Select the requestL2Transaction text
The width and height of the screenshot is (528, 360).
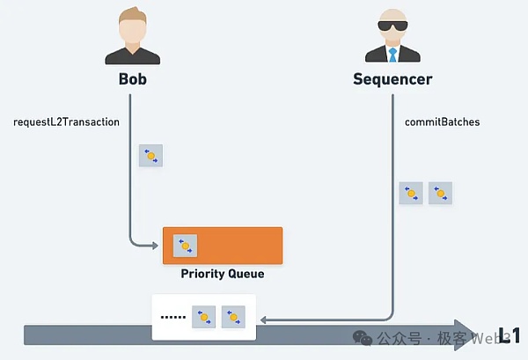[66, 121]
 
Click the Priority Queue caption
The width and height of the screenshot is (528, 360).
[223, 274]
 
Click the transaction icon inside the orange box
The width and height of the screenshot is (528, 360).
[185, 245]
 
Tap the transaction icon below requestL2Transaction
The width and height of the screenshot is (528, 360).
[150, 157]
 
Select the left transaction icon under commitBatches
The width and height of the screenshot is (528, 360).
[411, 194]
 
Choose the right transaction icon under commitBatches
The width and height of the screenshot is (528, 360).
[440, 194]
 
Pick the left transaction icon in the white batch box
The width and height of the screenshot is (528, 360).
[204, 317]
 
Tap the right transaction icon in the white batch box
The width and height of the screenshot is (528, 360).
[233, 317]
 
